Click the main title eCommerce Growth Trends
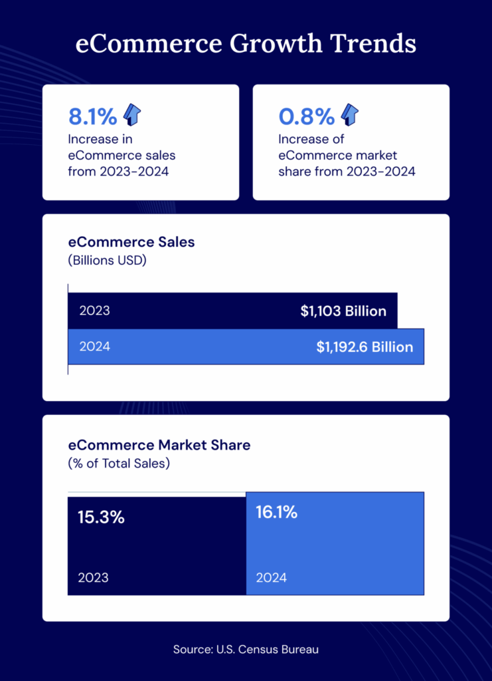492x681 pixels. coord(246,44)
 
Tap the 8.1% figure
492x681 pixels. coord(93,116)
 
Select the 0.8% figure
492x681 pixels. coord(306,116)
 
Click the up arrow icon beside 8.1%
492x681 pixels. coord(132,115)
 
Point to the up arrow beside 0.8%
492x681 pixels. coord(349,115)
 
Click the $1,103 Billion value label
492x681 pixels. coord(343,311)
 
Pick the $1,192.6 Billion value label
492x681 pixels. coord(365,347)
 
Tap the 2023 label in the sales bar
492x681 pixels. coord(94,311)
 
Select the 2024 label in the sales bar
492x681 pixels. coord(94,346)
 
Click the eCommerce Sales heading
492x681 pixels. coord(131,242)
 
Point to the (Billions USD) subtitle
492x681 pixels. coord(107,260)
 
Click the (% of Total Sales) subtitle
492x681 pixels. coord(119,463)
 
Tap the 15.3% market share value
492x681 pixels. coord(101,517)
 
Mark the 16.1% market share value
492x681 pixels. coord(276,513)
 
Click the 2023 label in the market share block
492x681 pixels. coord(93,577)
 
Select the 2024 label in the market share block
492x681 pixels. coord(272,577)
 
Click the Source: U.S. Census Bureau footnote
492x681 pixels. coord(246,649)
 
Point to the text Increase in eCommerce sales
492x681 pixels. coord(122,155)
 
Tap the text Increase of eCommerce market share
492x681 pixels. coord(347,155)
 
